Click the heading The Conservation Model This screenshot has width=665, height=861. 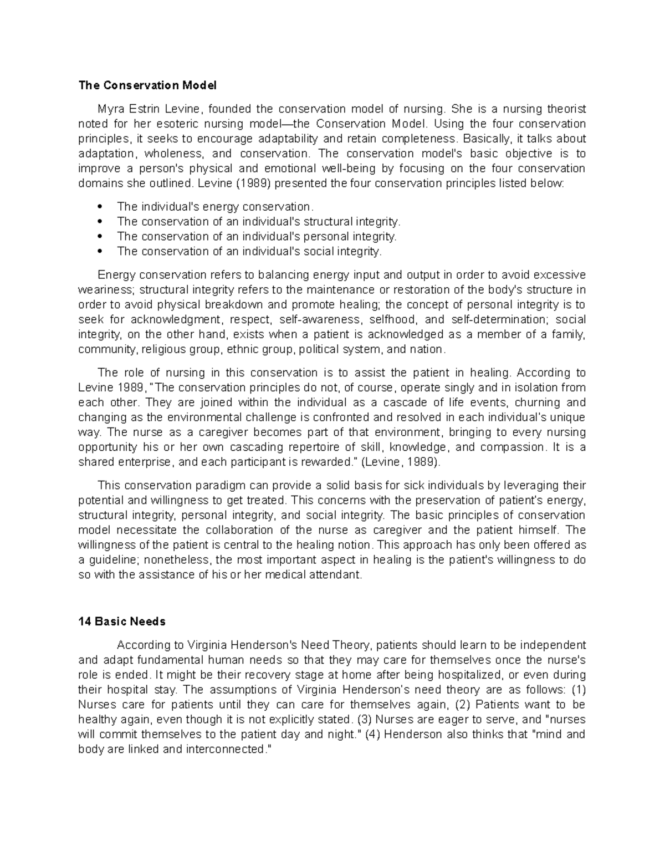pos(147,85)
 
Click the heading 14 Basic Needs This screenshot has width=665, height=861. pos(122,621)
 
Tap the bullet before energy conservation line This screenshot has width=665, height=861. pos(100,207)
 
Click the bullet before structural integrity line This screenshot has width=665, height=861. pos(100,222)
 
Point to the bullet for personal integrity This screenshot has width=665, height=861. pos(100,237)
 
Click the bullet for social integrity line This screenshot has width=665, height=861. pos(100,252)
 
